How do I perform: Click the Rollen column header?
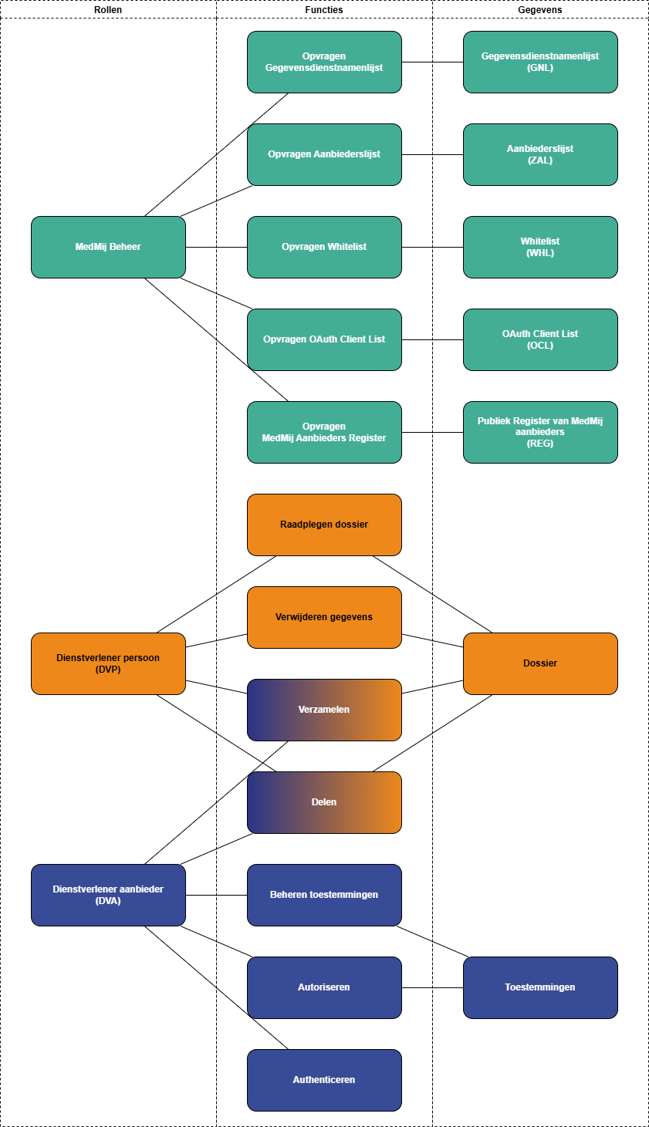(108, 10)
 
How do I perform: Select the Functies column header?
(324, 10)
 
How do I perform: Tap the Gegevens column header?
(540, 10)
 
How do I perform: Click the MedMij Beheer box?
(108, 247)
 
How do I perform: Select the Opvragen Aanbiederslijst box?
(324, 154)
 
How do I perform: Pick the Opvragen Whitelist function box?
(324, 247)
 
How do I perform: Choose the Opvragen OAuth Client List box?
(324, 339)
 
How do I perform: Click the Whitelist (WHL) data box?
(540, 247)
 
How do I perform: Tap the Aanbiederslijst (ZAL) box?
(540, 154)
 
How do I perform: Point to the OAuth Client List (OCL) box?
(540, 339)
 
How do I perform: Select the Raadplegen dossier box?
(324, 525)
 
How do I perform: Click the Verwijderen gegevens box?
(324, 617)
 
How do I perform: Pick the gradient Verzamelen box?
(324, 710)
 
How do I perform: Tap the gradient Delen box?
(324, 802)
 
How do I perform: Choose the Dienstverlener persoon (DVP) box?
(108, 663)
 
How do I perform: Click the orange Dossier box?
(540, 663)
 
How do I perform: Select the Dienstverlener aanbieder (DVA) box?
(108, 895)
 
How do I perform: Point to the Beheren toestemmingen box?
(324, 895)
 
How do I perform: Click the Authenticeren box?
(324, 1080)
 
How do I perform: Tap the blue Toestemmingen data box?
(540, 987)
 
